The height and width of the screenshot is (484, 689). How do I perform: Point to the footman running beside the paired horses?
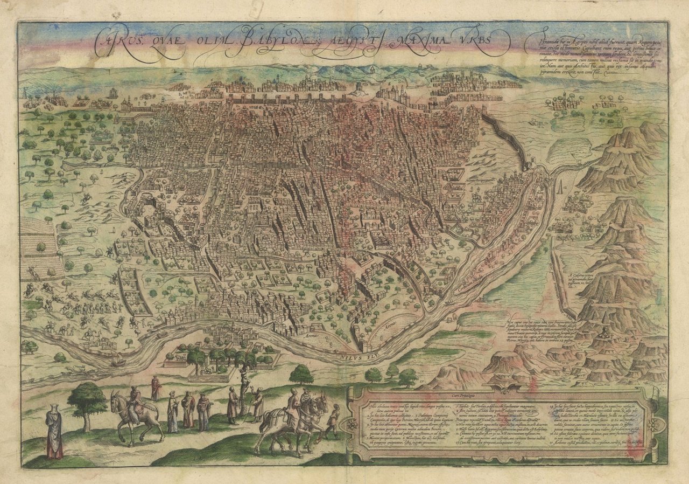pyautogui.click(x=334, y=420)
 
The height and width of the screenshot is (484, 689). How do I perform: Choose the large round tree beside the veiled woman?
pyautogui.click(x=86, y=402)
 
